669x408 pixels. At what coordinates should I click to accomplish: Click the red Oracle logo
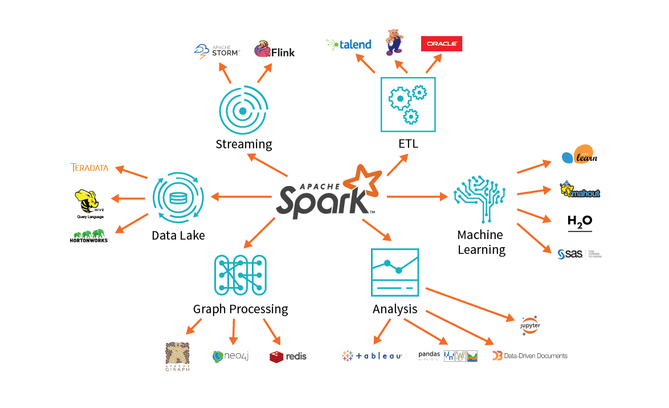[441, 44]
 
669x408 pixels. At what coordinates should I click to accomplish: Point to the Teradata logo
[89, 168]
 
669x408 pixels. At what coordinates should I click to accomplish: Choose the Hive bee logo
[90, 204]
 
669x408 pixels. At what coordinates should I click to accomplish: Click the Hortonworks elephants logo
[89, 236]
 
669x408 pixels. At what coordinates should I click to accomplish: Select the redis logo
[288, 356]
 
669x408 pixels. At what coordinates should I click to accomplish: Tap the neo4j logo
[231, 357]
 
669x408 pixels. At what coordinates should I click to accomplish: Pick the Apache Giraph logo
[177, 357]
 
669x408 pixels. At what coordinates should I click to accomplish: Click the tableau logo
[372, 356]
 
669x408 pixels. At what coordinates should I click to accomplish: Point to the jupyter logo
[530, 325]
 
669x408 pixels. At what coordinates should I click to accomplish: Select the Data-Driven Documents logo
[530, 356]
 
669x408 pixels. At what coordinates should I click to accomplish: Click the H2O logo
[580, 222]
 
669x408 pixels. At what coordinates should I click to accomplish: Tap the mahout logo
[580, 191]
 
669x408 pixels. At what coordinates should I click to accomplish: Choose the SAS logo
[578, 254]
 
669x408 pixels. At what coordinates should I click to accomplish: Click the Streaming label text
[244, 144]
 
